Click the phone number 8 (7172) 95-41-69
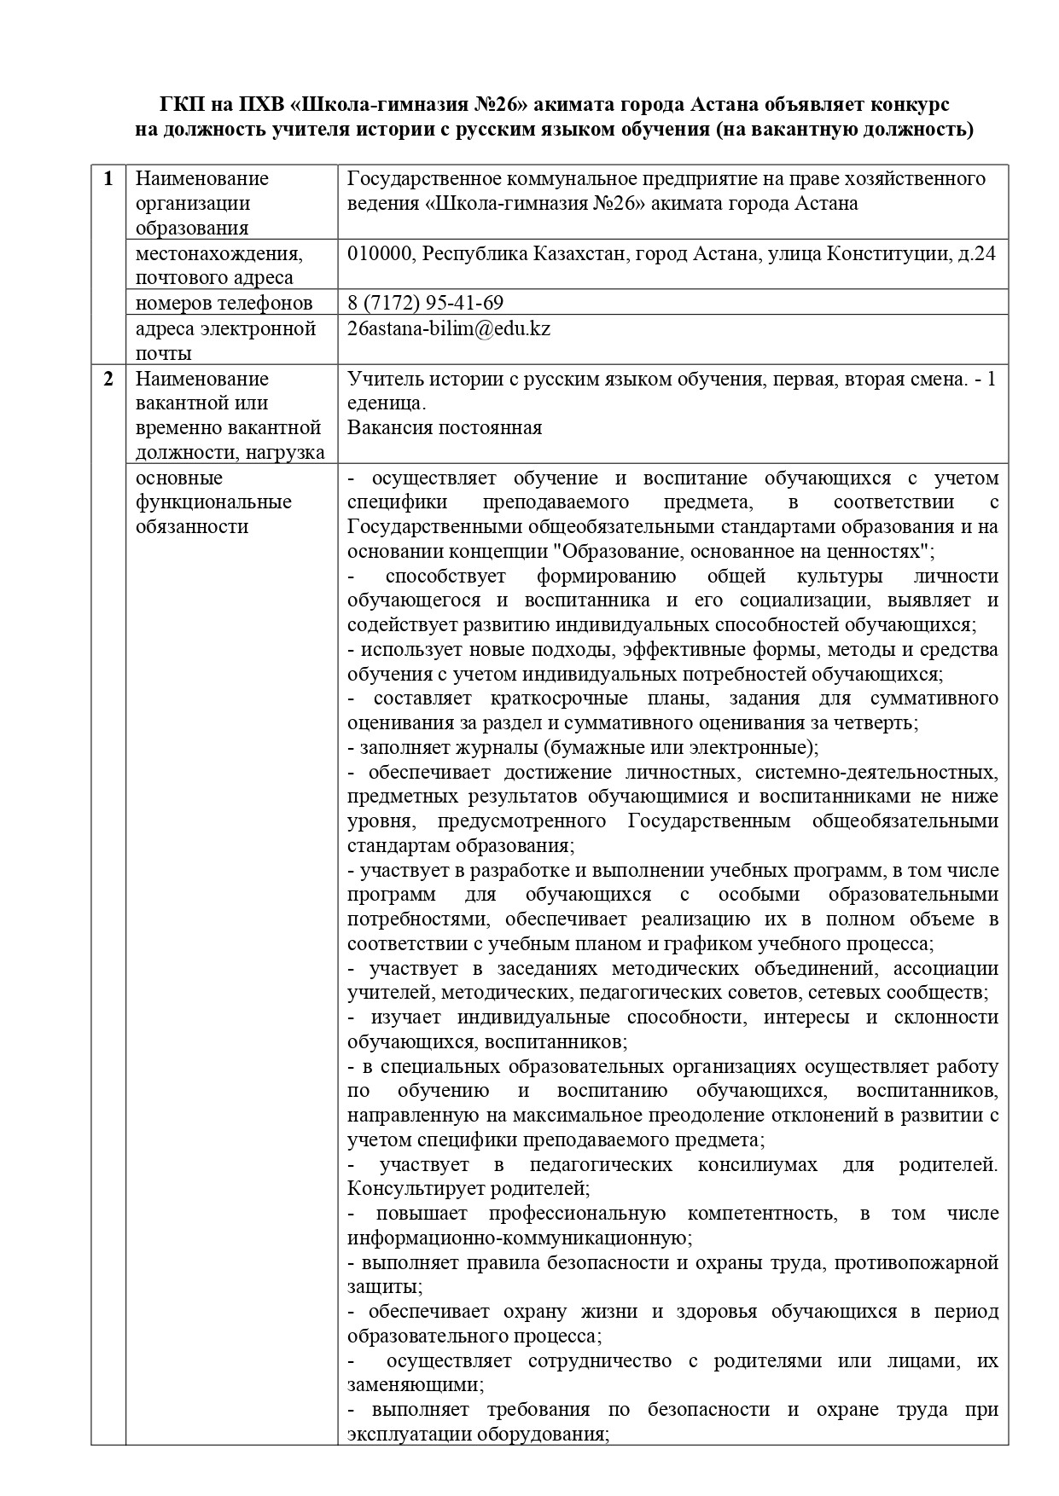[x=425, y=303]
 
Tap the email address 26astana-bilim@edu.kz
[x=449, y=328]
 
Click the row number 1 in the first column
[x=108, y=179]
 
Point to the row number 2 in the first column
[x=108, y=379]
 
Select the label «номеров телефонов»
[x=224, y=303]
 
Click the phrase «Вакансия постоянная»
[x=445, y=427]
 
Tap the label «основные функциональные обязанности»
[x=213, y=502]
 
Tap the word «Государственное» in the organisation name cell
[x=416, y=179]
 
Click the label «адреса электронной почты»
[x=225, y=340]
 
